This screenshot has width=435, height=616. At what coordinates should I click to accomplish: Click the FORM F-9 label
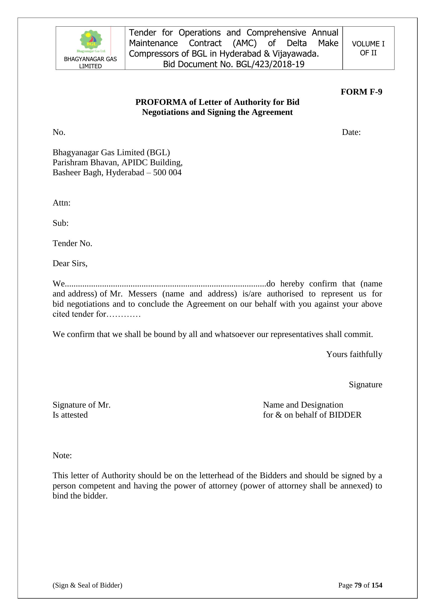point(361,92)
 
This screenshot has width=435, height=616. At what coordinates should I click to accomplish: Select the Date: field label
point(351,132)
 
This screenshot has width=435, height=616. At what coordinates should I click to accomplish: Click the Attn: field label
point(61,203)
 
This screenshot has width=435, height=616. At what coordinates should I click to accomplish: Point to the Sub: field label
point(60,223)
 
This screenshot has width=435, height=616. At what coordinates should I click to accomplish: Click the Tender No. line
point(72,243)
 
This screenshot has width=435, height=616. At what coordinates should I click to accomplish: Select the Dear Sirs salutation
point(70,263)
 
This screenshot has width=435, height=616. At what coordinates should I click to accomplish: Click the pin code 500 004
point(167,173)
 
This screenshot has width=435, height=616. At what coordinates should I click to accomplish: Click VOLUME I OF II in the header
point(368,48)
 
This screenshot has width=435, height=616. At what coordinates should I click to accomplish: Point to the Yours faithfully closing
point(354,354)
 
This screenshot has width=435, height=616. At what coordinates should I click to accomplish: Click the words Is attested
point(70,415)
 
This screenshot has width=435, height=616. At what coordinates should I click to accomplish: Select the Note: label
point(62,456)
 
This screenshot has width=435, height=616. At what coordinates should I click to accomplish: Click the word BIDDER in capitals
point(345,415)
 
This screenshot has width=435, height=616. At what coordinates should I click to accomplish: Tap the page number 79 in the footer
point(358,585)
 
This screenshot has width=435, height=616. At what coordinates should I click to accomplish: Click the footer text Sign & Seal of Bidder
point(87,585)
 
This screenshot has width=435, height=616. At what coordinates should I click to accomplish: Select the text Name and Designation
point(303,405)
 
